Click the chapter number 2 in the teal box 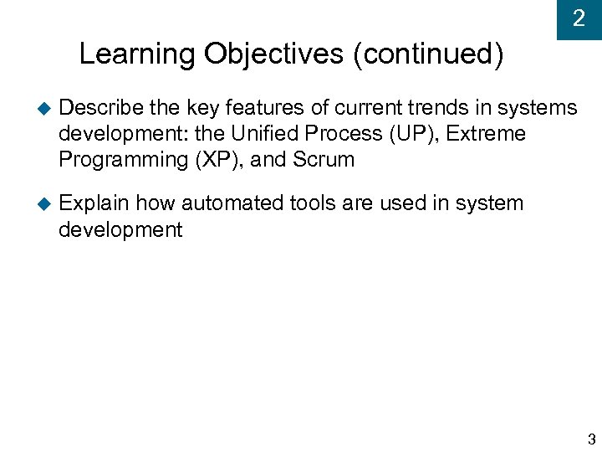tap(579, 19)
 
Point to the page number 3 tap(591, 439)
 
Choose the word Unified tap(262, 134)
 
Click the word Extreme tap(488, 134)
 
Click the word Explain tap(94, 203)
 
